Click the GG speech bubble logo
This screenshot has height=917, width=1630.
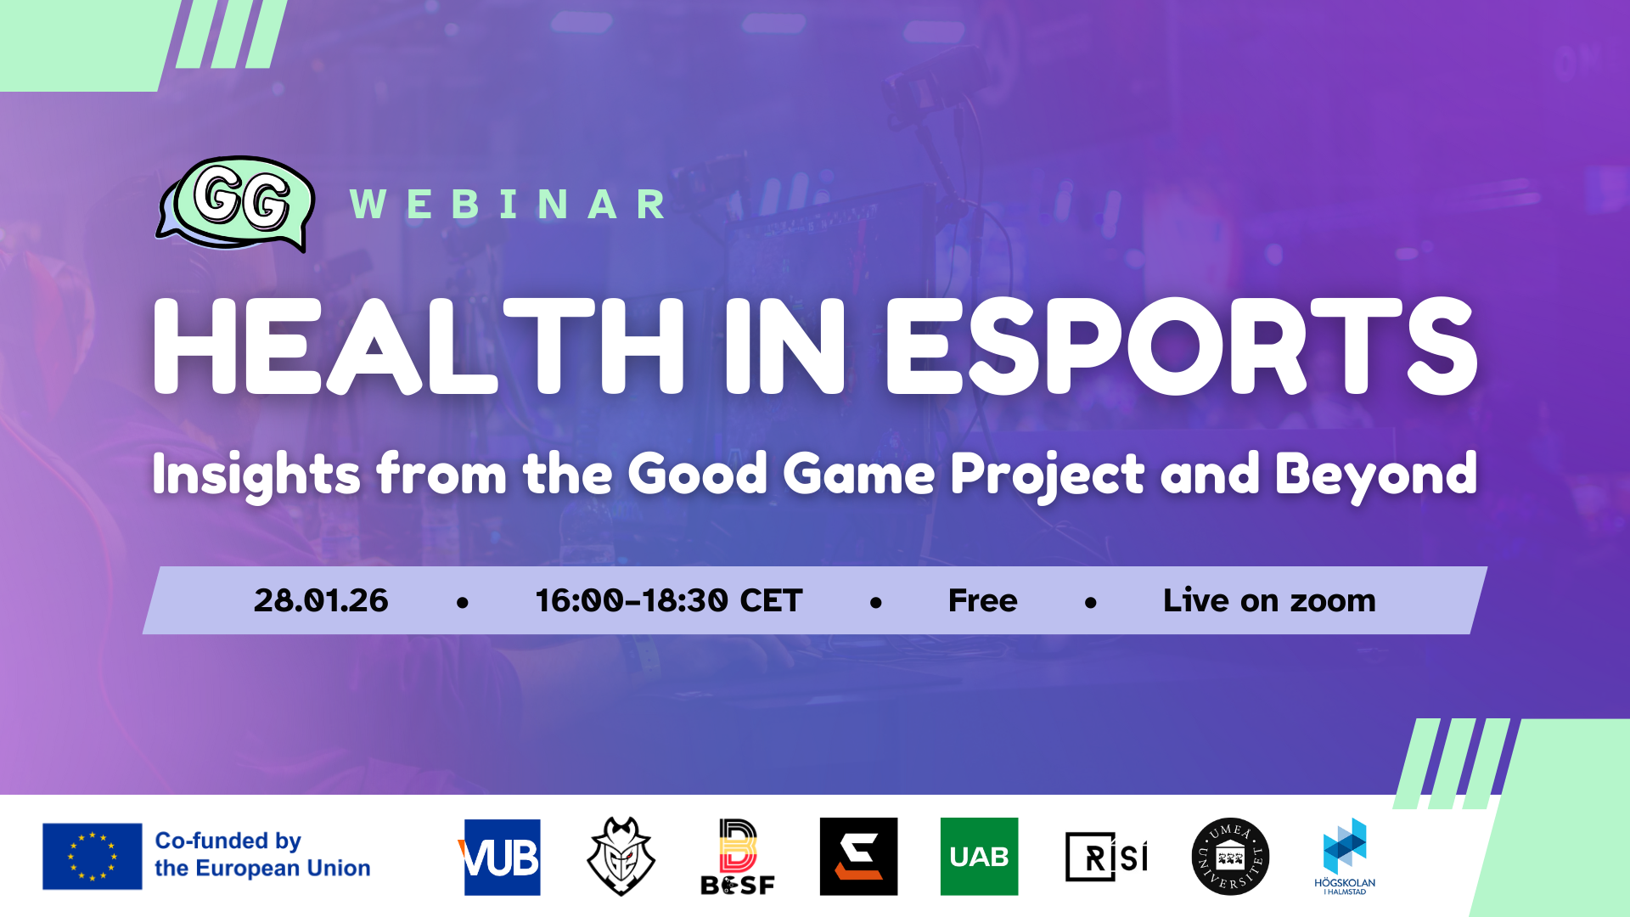[x=236, y=204]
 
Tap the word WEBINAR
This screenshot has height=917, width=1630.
[x=508, y=205]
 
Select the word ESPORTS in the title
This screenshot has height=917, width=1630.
[x=1181, y=346]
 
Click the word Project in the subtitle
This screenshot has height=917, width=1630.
[x=1048, y=475]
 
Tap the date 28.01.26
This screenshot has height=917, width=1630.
[x=321, y=600]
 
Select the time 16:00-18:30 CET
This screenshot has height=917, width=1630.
[x=669, y=600]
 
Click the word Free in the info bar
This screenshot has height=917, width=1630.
[x=983, y=600]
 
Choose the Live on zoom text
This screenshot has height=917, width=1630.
[x=1269, y=600]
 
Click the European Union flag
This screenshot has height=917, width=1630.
[x=93, y=856]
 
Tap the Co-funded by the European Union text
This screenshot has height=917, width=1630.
[x=262, y=854]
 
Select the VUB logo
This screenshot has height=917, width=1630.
[x=502, y=857]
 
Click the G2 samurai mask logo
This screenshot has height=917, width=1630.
[x=621, y=856]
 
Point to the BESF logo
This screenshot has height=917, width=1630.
[x=738, y=857]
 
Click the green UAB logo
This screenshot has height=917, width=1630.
[x=979, y=857]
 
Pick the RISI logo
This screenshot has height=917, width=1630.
[x=1107, y=857]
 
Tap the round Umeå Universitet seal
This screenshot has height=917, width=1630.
[x=1230, y=857]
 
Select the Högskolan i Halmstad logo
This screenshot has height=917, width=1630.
[x=1345, y=857]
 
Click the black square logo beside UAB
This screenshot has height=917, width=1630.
[x=858, y=857]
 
